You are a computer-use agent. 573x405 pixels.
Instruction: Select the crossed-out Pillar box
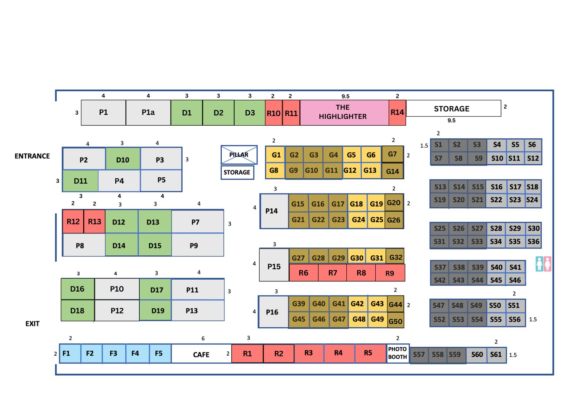point(239,155)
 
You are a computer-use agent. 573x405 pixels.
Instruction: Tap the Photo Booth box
point(398,353)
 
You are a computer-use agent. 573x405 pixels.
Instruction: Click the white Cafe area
point(201,354)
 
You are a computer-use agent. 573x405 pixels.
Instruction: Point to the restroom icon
point(543,264)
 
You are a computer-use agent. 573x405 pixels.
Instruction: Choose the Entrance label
point(32,156)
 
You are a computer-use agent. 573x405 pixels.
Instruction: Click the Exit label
point(32,324)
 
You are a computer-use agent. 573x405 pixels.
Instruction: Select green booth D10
point(122,159)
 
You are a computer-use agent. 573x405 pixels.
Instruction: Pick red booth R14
point(397,112)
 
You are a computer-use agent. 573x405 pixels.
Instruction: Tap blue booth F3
point(114,353)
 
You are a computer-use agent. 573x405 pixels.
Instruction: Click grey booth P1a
point(148,112)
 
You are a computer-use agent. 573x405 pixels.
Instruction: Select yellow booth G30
point(356,257)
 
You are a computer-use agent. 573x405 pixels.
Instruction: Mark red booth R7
point(332,273)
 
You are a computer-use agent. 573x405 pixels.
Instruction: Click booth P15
point(274,266)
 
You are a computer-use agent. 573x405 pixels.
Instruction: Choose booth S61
point(496,355)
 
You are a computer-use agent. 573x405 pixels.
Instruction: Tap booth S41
point(515,267)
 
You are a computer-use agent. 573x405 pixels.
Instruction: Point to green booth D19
point(157,310)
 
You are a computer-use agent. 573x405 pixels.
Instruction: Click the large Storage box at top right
point(452,109)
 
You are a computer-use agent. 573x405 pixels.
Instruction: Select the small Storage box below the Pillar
point(237,172)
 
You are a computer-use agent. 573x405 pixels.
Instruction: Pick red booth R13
point(95,222)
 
